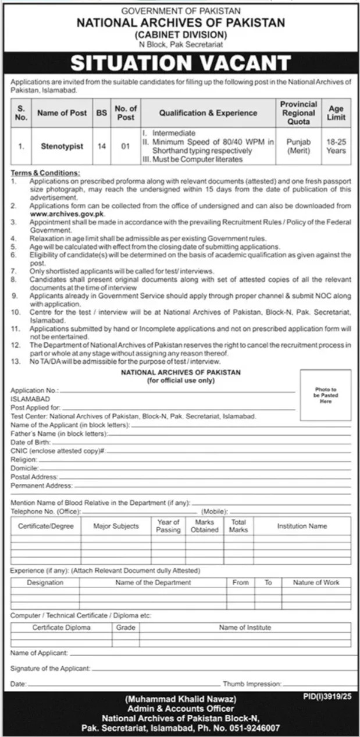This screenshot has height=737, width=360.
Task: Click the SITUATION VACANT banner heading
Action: pyautogui.click(x=180, y=62)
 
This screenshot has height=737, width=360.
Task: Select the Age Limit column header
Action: pyautogui.click(x=336, y=112)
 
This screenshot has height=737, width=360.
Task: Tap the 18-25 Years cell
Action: pyautogui.click(x=336, y=146)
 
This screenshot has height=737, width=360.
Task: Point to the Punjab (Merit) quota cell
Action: pyautogui.click(x=298, y=146)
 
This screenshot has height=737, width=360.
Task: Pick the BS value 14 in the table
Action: pyautogui.click(x=102, y=146)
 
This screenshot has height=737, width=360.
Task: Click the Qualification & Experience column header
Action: pyautogui.click(x=208, y=113)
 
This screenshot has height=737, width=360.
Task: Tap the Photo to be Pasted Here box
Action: pyautogui.click(x=326, y=396)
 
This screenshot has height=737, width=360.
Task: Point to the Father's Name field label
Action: pyautogui.click(x=52, y=433)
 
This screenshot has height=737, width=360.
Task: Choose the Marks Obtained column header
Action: pyautogui.click(x=205, y=526)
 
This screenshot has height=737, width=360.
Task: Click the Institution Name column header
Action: pyautogui.click(x=302, y=526)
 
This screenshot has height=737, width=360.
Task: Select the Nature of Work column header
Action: pyautogui.click(x=316, y=582)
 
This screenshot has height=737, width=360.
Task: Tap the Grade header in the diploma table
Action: pyautogui.click(x=126, y=628)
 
